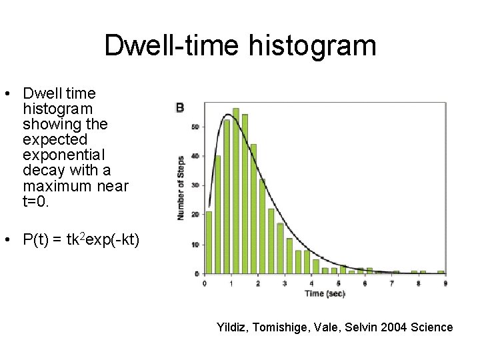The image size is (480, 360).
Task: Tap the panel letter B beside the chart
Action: point(179,107)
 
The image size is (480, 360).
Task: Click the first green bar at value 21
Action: point(209,243)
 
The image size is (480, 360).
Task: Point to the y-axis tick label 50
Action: point(195,127)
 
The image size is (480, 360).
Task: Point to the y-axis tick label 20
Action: point(195,215)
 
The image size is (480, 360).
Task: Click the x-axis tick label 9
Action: point(445,283)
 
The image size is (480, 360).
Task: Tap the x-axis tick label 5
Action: point(338,283)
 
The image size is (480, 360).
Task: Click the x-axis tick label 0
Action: point(204,283)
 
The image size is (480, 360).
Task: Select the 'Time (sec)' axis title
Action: point(325,293)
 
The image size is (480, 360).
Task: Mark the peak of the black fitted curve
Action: point(227,115)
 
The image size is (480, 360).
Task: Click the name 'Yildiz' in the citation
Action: point(231,327)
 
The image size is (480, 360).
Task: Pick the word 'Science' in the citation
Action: point(432,327)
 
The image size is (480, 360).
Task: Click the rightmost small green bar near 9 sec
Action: point(441,272)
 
